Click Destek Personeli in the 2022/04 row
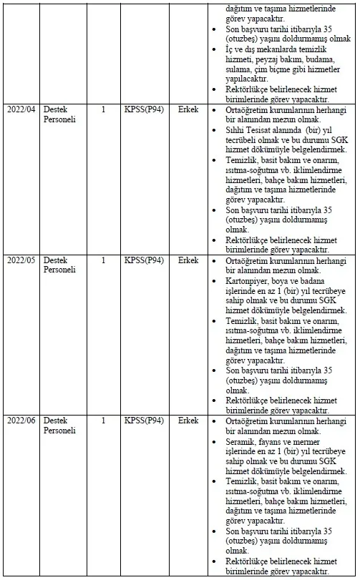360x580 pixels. pos(59,116)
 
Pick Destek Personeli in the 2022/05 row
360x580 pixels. pos(59,266)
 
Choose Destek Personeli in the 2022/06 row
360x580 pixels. pos(59,426)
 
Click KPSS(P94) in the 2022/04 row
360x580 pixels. pos(144,111)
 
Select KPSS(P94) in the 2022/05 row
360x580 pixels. pos(144,261)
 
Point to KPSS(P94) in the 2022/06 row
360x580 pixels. pos(144,421)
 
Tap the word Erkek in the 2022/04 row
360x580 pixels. pos(188,111)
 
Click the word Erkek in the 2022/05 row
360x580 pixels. pos(188,261)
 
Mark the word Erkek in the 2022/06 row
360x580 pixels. pos(188,421)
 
